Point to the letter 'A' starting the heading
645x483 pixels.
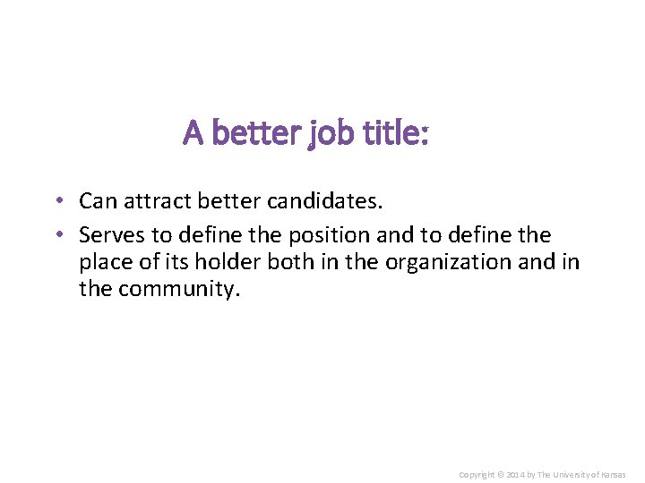[x=193, y=133]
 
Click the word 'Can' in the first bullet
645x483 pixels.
[x=98, y=201]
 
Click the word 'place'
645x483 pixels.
[x=103, y=263]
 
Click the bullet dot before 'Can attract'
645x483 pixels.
[x=56, y=201]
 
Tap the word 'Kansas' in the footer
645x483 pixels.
[x=612, y=474]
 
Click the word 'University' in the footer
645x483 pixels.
[x=572, y=474]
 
